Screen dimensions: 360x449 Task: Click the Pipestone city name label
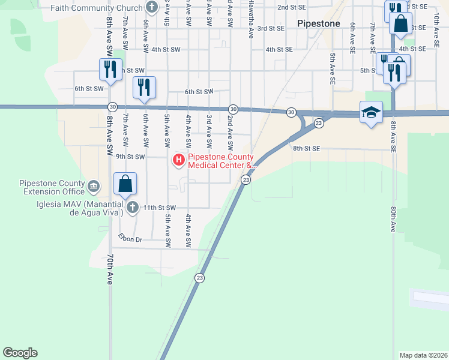(319, 24)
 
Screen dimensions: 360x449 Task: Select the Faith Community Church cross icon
(152, 8)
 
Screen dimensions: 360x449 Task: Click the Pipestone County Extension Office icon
(94, 187)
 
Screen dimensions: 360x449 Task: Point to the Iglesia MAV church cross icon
(132, 208)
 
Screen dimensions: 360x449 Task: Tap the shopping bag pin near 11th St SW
(125, 184)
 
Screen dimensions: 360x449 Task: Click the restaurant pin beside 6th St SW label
(143, 88)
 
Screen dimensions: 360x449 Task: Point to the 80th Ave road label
(394, 219)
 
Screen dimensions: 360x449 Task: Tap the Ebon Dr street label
(130, 239)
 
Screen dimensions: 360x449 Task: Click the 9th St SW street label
(131, 157)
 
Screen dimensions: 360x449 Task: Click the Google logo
(20, 353)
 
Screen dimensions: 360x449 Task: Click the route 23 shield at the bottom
(199, 277)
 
